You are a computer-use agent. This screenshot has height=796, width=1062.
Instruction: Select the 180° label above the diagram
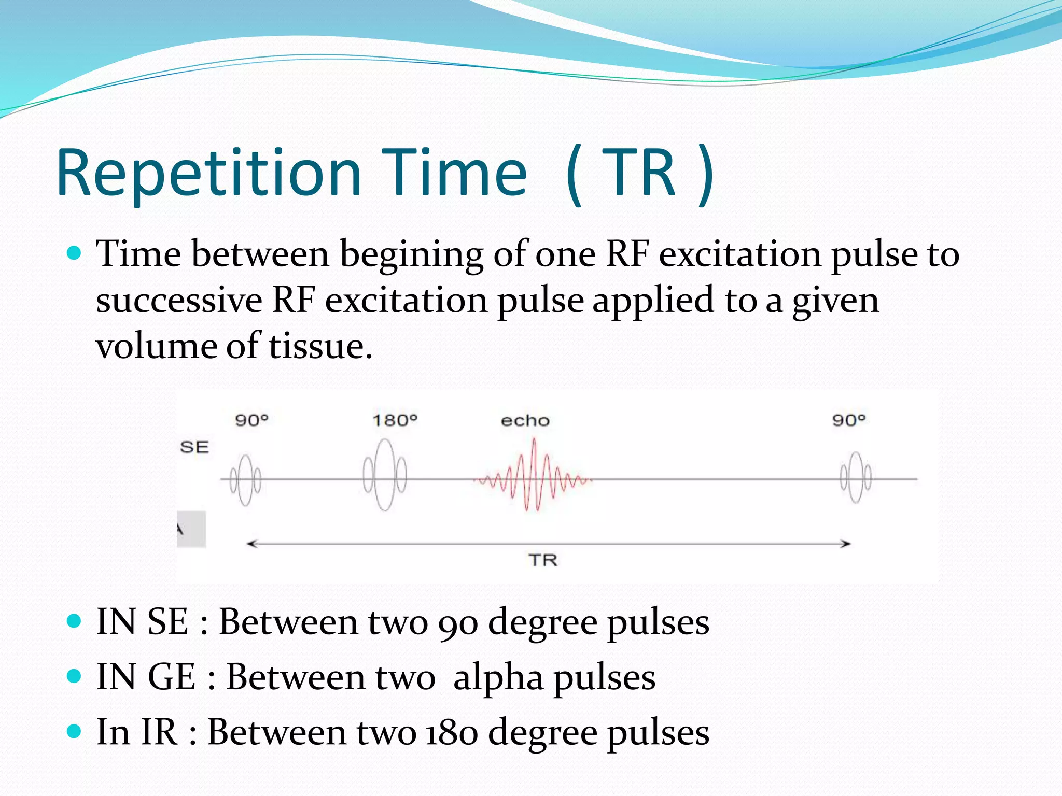[x=395, y=420]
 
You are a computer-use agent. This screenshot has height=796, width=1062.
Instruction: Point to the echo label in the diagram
[x=525, y=420]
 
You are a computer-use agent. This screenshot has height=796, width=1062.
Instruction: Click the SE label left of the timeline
[x=194, y=447]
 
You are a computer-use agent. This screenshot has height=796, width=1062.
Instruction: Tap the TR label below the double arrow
[x=543, y=560]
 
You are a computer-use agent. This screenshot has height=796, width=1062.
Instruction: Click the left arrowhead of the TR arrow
[x=252, y=544]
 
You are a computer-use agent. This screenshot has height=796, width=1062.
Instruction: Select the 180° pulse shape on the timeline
[x=385, y=475]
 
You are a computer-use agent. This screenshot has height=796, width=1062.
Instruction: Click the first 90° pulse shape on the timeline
[x=245, y=479]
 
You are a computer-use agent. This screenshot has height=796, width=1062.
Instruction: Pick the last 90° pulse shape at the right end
[x=856, y=477]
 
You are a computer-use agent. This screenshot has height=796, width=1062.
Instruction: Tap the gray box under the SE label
[x=191, y=529]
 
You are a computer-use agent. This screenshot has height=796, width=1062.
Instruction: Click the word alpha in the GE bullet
[x=498, y=677]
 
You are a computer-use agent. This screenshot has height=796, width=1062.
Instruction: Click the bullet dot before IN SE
[x=75, y=620]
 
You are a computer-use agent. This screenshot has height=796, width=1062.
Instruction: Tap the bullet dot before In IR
[x=75, y=731]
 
